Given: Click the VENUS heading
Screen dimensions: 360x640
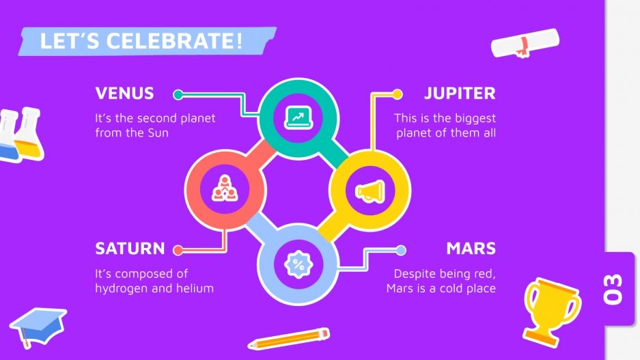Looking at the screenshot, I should coord(124,94).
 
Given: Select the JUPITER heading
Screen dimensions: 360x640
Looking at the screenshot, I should coord(459,94).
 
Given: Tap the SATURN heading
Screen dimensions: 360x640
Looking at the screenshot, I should coord(130,248).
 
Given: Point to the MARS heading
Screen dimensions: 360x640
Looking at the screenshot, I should coord(471,248).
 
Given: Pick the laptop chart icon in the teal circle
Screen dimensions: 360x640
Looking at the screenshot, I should coord(298,117).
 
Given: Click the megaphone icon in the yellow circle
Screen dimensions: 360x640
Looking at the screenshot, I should coord(370,191).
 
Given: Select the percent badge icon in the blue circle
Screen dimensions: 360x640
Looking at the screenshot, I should coord(298,263).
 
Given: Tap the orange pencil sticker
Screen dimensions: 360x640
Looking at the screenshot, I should coord(288,338).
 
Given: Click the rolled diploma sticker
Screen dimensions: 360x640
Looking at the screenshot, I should coord(525,43).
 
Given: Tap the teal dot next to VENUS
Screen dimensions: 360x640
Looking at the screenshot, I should coord(178,94).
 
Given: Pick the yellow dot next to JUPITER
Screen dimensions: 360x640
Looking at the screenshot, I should coord(397,94).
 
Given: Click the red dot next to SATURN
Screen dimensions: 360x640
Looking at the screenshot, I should coord(178,249).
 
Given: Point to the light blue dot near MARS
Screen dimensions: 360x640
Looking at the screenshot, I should coord(401,250).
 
